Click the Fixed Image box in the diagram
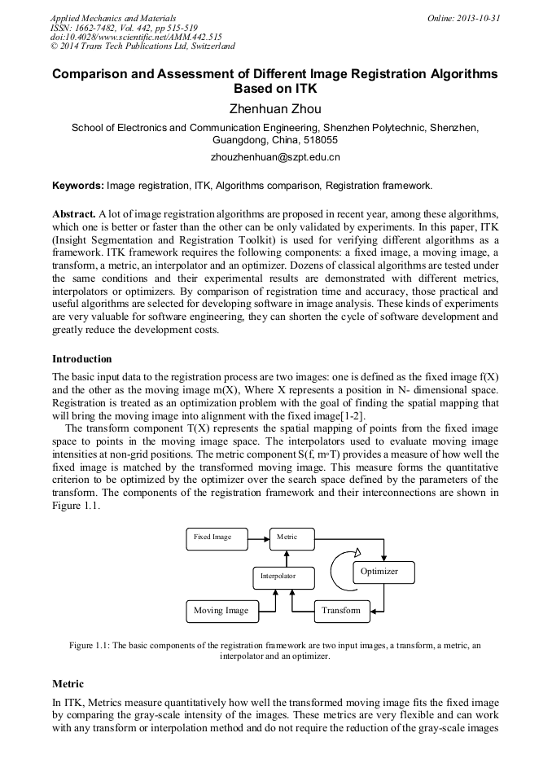213,537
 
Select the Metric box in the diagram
291,537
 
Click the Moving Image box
221,611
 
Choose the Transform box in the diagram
341,611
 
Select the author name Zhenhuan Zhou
275,109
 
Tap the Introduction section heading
82,359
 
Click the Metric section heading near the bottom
68,684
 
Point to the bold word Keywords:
78,186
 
